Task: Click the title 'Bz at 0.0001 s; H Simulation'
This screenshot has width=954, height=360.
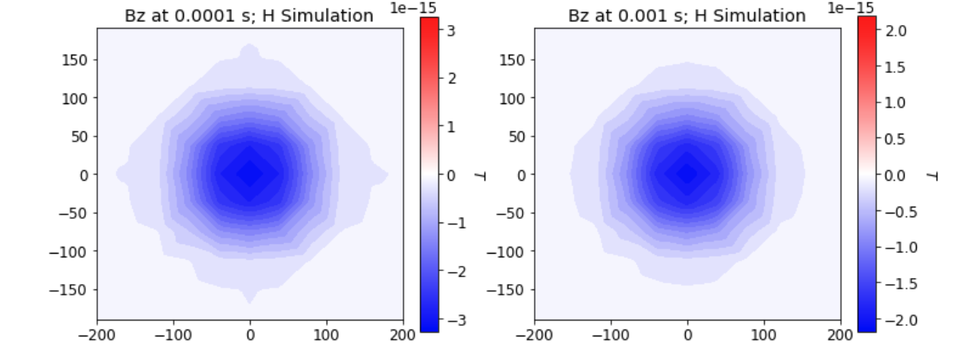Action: (249, 14)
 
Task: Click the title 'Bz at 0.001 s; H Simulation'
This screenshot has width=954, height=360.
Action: (687, 14)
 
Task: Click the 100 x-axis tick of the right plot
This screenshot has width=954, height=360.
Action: (764, 335)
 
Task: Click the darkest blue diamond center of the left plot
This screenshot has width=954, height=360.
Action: (249, 174)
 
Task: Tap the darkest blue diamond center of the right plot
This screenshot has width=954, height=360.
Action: (687, 174)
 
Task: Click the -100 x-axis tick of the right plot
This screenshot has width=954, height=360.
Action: (611, 335)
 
